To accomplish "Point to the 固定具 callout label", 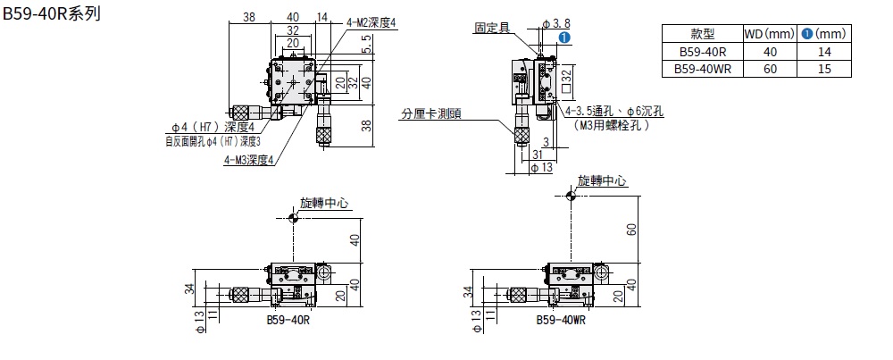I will [492, 28].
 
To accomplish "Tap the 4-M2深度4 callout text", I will [369, 22].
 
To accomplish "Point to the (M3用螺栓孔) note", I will [613, 126].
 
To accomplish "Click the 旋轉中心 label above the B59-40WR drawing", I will [602, 180].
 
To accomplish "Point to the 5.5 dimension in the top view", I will [367, 52].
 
